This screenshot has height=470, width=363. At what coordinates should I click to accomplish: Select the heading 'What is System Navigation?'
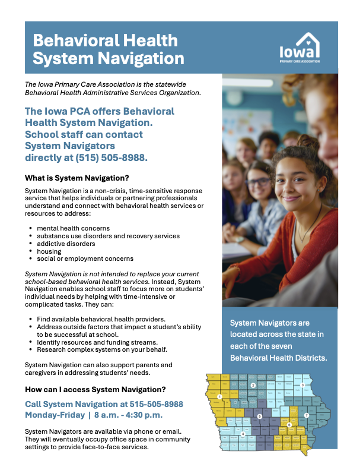point(77,178)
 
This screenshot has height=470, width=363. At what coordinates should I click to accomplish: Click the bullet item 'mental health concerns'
point(73,228)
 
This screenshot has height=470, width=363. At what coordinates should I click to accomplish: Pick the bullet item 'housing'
point(49,251)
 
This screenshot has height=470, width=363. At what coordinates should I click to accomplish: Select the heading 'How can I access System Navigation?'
point(95,390)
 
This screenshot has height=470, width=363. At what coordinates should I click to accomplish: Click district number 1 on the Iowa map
point(219,396)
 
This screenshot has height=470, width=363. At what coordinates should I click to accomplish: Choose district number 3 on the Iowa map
point(302,385)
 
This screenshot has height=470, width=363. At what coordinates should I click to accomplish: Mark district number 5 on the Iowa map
point(260,416)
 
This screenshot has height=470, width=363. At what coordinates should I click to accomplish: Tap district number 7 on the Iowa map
point(306,415)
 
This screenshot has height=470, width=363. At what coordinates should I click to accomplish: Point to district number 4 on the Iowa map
point(243,434)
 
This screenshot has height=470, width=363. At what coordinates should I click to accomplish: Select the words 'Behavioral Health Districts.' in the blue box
point(278,359)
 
